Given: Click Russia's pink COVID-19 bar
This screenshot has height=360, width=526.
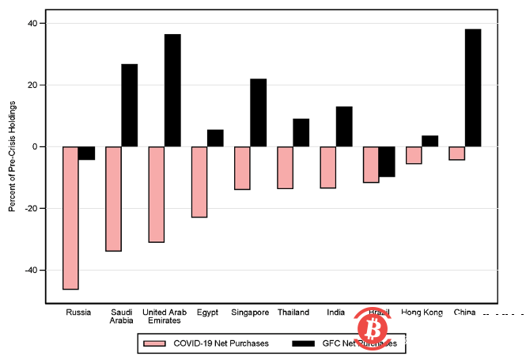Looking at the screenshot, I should point(70,218).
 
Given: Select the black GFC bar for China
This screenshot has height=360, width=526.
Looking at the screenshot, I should point(473,88).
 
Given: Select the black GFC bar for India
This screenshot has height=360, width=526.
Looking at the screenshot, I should point(344,127).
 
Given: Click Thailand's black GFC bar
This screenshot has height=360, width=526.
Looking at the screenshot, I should point(301,133).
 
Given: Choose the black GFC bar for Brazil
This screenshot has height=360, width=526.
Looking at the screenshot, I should point(387,161).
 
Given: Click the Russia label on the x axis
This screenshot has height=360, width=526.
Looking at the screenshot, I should point(79,313).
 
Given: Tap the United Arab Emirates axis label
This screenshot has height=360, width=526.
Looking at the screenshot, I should point(165,316).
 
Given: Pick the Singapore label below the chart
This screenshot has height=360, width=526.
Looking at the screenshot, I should point(250,313).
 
